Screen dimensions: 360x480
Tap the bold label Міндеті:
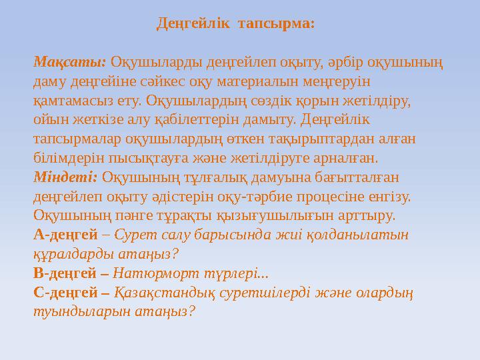tap(65, 177)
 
